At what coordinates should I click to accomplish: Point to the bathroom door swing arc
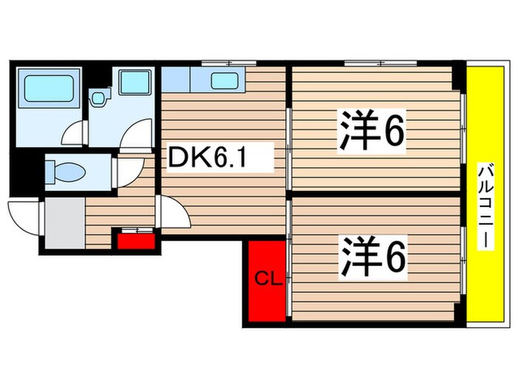pyautogui.click(x=75, y=133)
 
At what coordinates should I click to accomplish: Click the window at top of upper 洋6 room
pyautogui.click(x=374, y=64)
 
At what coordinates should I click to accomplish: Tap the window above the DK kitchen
pyautogui.click(x=225, y=63)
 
